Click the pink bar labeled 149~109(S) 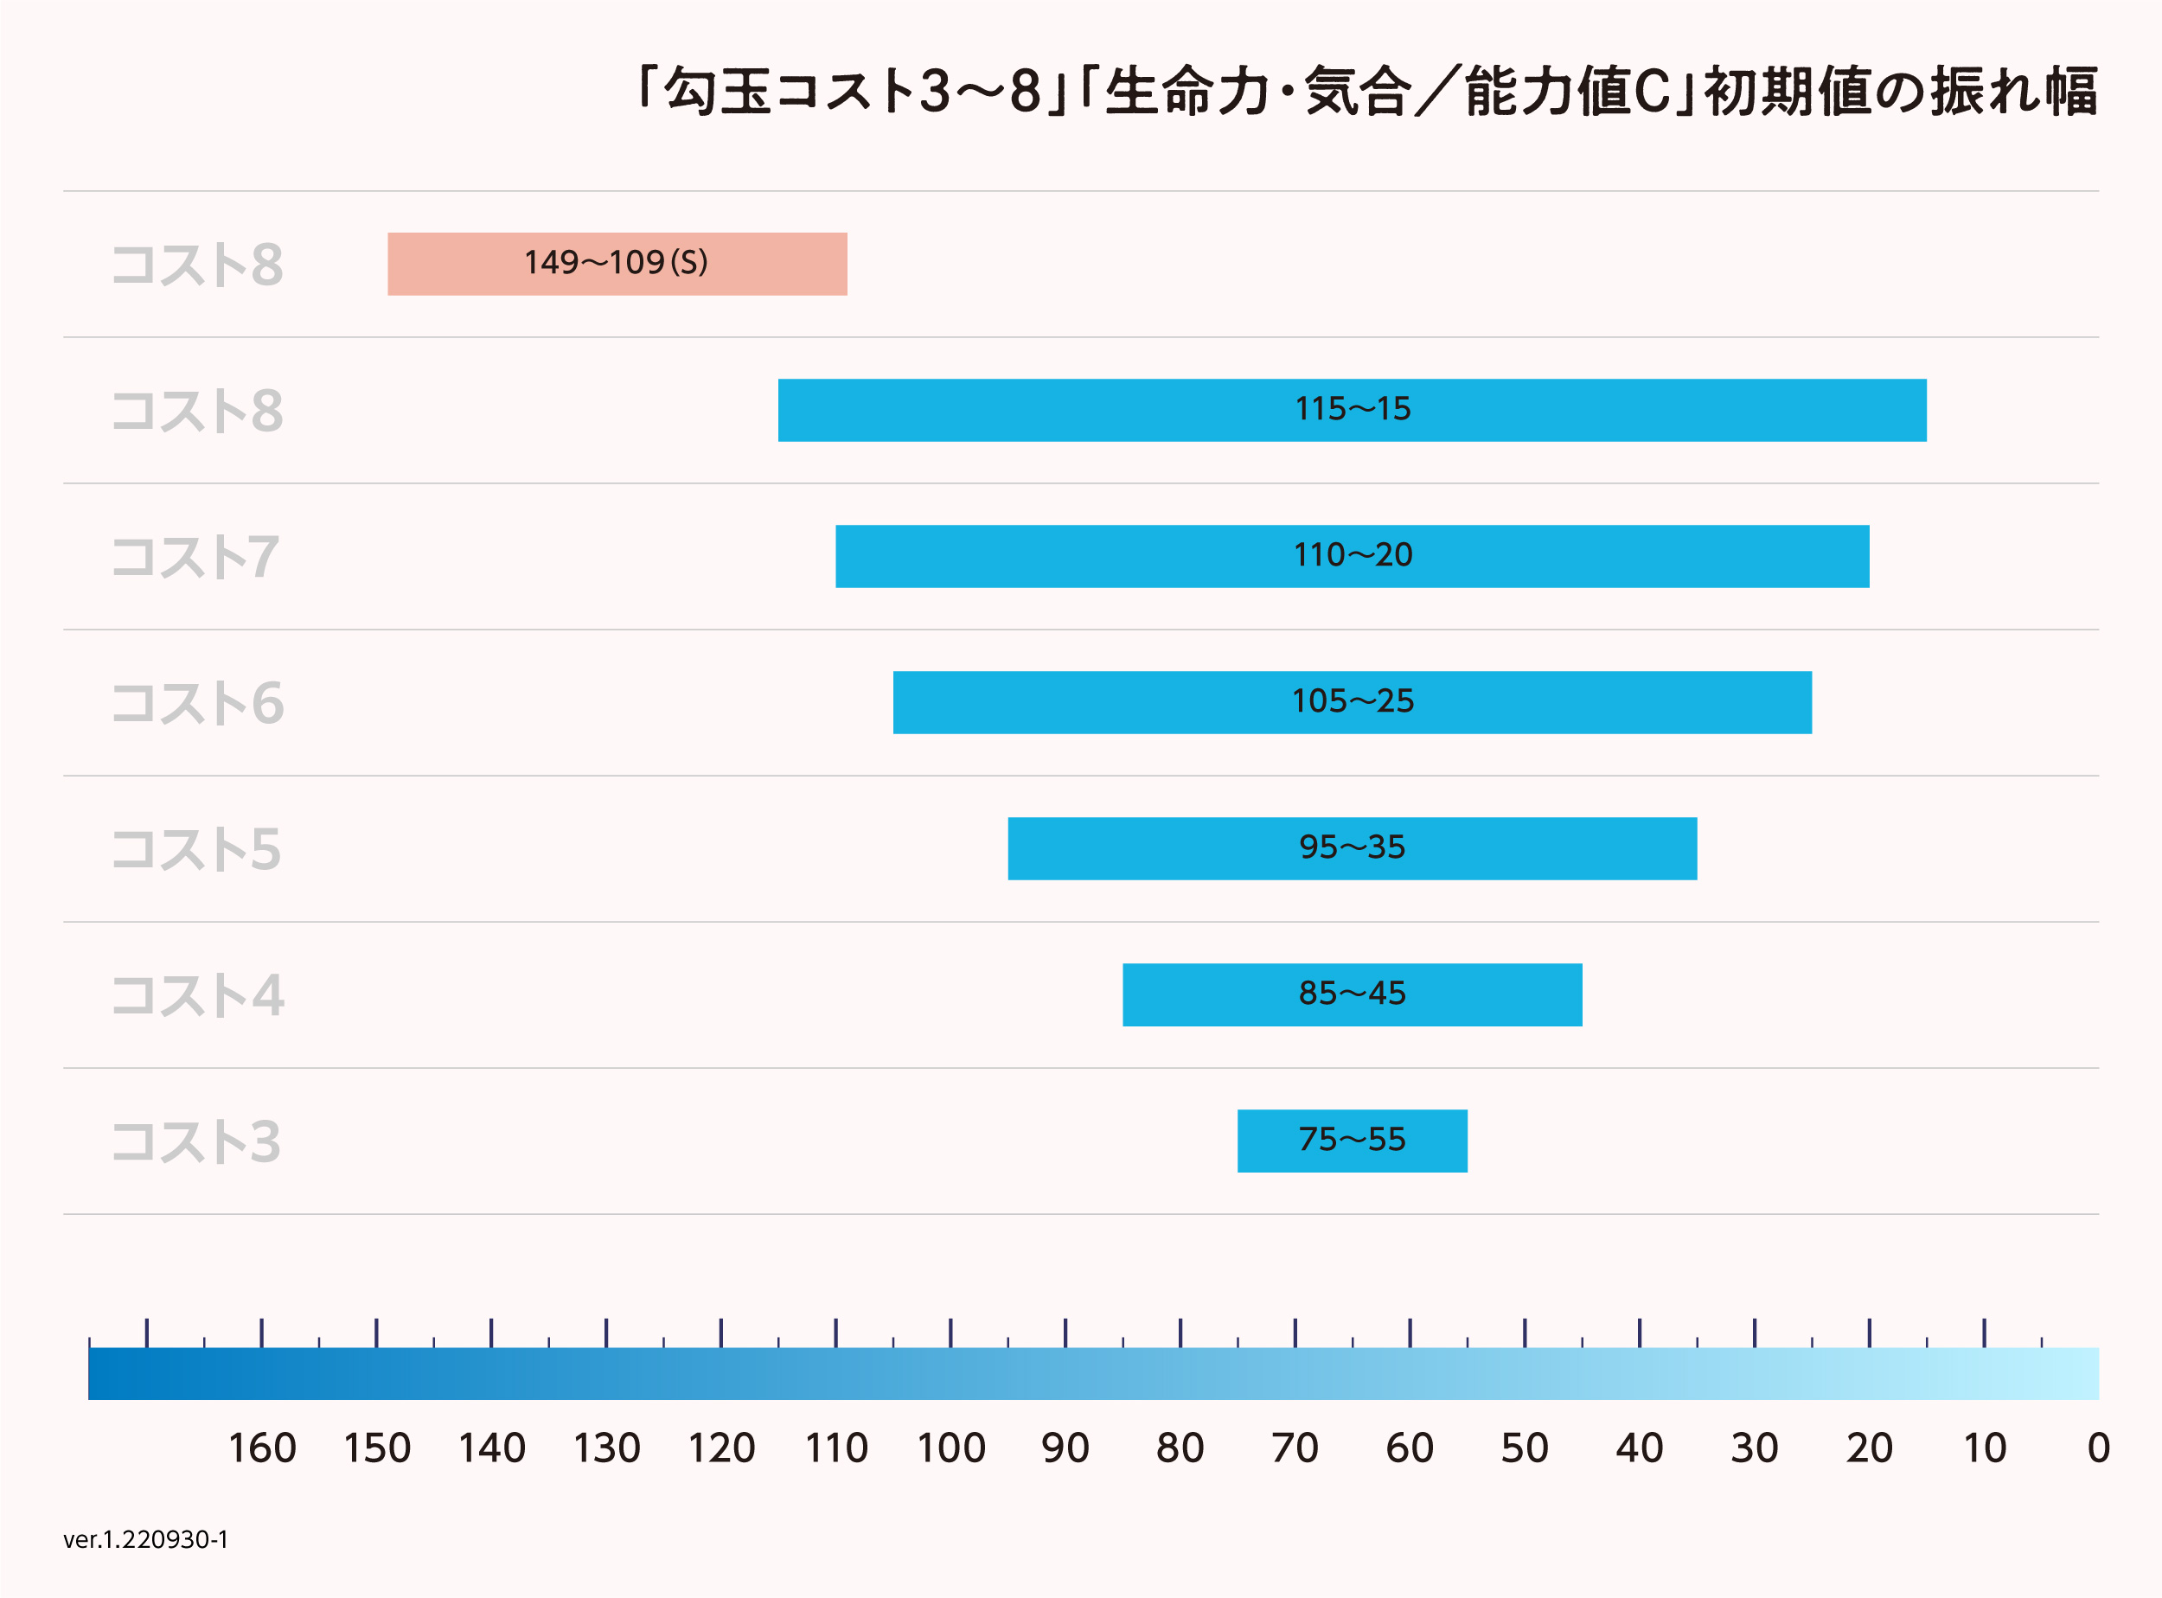click(617, 263)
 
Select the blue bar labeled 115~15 click(1352, 410)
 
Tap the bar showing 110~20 click(1352, 556)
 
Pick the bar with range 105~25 click(1352, 702)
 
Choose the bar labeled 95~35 click(1352, 848)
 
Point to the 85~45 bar click(1352, 994)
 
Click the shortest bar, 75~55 click(1352, 1141)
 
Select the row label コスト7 click(196, 557)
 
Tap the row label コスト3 click(196, 1141)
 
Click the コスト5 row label click(196, 849)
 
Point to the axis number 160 click(261, 1448)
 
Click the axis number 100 click(951, 1448)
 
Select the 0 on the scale click(2098, 1448)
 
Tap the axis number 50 click(1525, 1448)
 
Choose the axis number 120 click(721, 1448)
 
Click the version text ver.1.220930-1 click(146, 1539)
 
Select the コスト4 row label click(197, 995)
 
